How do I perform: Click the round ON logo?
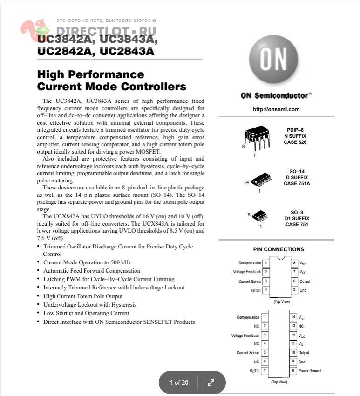[x=273, y=59]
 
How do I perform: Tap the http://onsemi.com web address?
[x=276, y=109]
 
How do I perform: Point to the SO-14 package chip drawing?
[x=261, y=181]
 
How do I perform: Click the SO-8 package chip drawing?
[x=259, y=215]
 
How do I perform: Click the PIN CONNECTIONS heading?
[x=278, y=249]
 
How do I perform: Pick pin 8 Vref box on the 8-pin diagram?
[x=294, y=263]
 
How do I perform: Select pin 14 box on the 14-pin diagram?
[x=293, y=317]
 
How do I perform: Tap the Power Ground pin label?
[x=310, y=371]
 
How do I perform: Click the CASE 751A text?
[x=297, y=183]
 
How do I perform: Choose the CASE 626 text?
[x=295, y=142]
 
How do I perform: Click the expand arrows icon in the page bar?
[x=211, y=383]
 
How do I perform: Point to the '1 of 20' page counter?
[x=179, y=383]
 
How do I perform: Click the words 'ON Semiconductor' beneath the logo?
[x=274, y=95]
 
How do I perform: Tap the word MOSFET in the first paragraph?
[x=146, y=152]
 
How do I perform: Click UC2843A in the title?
[x=127, y=51]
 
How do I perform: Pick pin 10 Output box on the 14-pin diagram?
[x=293, y=353]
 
